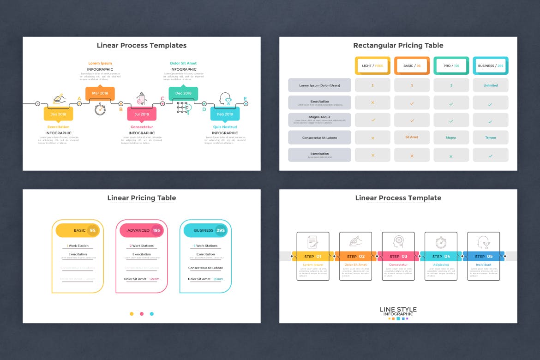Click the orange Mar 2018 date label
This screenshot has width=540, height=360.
(100, 93)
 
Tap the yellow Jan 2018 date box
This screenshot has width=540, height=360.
(58, 114)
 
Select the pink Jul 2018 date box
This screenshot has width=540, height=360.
(142, 114)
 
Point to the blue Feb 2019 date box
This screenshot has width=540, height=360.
(225, 114)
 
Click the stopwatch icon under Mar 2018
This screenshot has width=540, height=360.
(100, 109)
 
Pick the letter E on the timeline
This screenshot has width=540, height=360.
(245, 98)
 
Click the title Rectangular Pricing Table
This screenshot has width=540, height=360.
(398, 45)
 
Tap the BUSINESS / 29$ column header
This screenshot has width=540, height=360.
(490, 66)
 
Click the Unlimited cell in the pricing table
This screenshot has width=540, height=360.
(490, 85)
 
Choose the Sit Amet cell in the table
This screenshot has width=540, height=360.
(412, 137)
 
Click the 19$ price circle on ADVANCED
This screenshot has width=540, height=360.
(157, 230)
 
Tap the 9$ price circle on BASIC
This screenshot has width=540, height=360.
(93, 230)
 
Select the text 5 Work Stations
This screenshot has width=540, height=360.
(205, 246)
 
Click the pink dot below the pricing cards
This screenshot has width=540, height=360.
(142, 314)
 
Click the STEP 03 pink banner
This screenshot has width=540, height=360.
(398, 256)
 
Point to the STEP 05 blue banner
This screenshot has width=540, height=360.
(483, 256)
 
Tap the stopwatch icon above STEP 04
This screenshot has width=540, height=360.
(441, 241)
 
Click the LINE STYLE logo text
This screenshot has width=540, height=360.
(398, 309)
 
